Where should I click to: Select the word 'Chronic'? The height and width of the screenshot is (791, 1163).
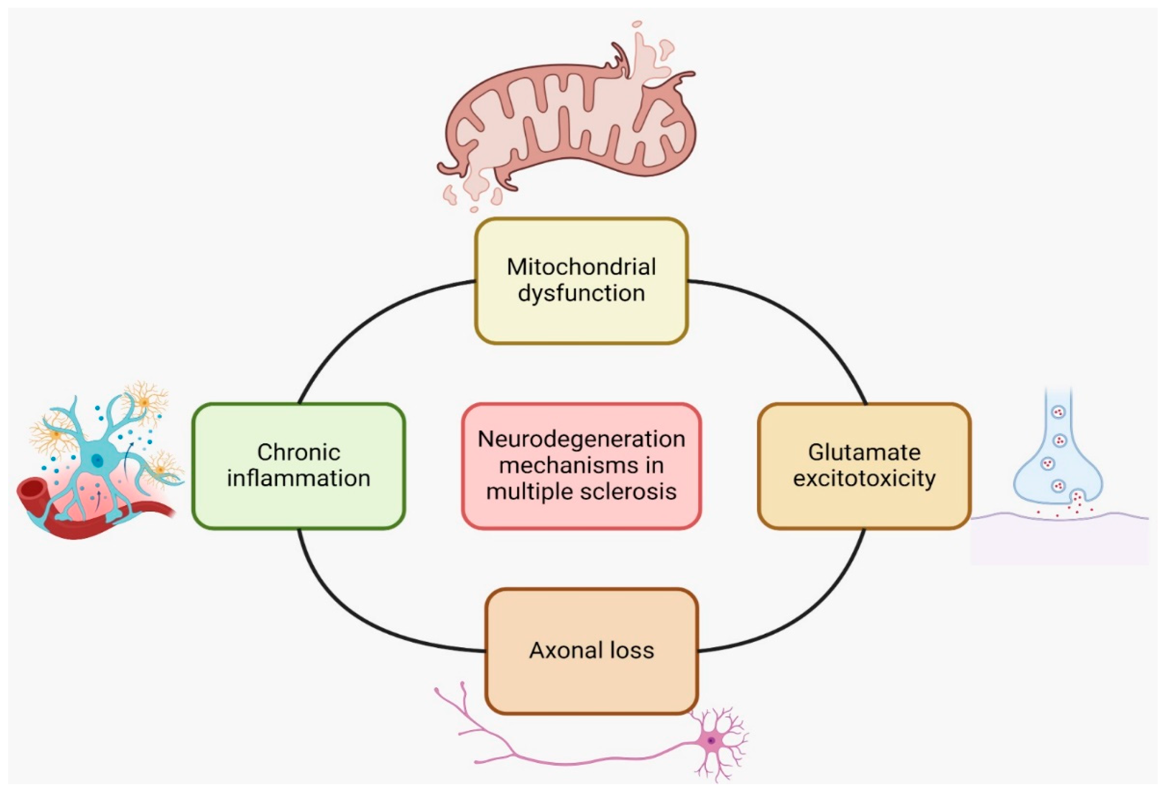coord(299,452)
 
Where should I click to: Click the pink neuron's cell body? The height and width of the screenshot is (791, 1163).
coord(711,740)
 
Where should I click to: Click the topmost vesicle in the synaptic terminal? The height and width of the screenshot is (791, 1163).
coord(1059,412)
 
